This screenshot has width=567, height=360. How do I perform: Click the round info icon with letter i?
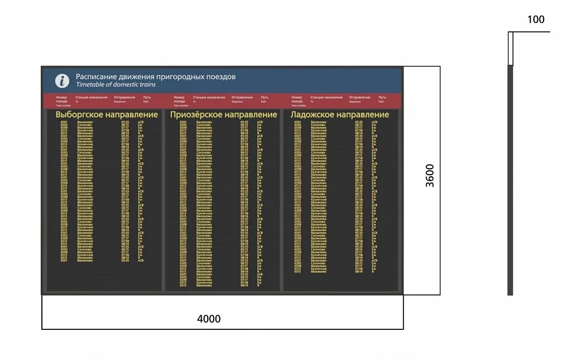pos(62,80)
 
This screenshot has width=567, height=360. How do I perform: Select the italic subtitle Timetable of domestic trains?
pos(116,85)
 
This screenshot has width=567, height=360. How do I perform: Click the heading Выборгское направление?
pos(107,114)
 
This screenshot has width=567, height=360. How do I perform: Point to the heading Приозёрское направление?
pos(223,114)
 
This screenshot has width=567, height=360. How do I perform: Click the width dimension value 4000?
pos(209,319)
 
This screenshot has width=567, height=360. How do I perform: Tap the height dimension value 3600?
pos(430,175)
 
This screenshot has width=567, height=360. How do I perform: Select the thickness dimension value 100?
pos(535,20)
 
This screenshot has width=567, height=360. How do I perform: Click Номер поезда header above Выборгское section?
pos(62,99)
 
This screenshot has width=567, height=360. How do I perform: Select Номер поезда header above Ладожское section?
pos(297,99)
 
